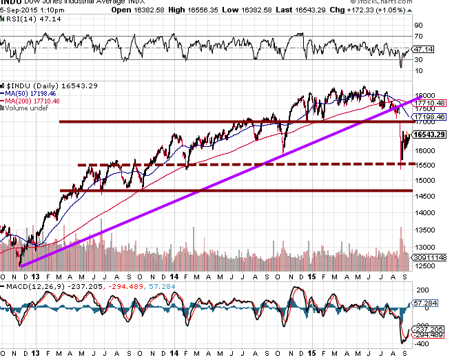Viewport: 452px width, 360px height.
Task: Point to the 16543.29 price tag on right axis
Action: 431,134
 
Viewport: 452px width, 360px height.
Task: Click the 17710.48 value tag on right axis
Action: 431,103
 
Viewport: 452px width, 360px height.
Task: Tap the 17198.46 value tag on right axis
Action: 431,117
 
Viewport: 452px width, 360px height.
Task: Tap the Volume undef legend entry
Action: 27,108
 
